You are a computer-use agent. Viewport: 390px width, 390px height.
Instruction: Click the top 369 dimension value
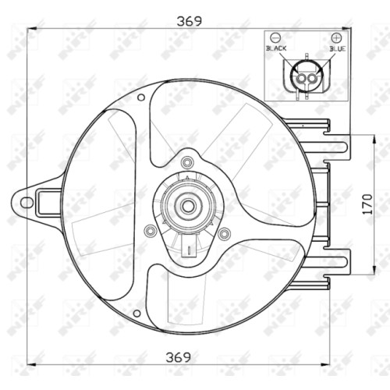[189, 21]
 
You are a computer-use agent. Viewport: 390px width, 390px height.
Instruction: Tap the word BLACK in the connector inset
[276, 48]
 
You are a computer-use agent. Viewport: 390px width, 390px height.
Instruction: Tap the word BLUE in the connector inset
[338, 48]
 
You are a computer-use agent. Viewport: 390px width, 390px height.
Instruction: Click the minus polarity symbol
[275, 37]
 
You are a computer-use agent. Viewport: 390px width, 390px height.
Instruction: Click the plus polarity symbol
[336, 37]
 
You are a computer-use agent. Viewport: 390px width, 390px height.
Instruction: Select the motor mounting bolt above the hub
[186, 162]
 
